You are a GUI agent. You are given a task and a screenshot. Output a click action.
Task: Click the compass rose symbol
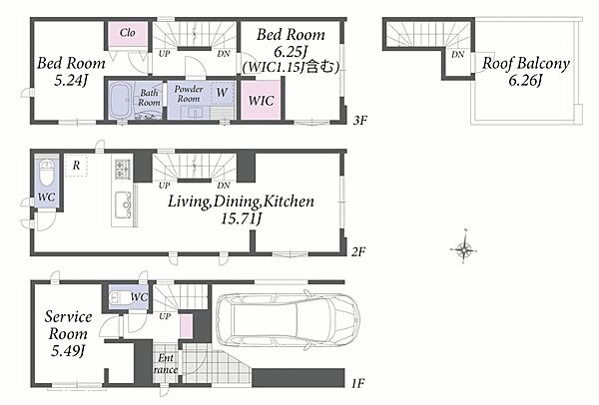[464, 249]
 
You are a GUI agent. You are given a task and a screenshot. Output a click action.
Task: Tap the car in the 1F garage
[288, 320]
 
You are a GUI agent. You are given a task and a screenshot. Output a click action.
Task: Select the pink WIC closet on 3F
[262, 100]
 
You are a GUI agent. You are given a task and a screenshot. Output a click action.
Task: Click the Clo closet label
[127, 33]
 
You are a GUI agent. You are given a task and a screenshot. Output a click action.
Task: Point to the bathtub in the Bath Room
[121, 100]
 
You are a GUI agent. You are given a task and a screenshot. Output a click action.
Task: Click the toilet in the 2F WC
[47, 173]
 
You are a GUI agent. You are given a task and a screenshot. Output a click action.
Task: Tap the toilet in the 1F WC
[119, 297]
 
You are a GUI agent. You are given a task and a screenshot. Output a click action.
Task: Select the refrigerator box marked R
[77, 166]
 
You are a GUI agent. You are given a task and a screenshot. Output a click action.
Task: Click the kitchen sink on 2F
[124, 204]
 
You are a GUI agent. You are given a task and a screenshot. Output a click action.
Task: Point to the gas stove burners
[123, 170]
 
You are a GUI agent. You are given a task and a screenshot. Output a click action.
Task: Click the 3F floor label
[359, 121]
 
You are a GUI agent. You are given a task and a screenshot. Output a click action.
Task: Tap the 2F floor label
[358, 252]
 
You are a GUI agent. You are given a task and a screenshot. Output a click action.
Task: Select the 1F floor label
[357, 383]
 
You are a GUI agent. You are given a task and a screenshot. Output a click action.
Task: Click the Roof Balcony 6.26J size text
[525, 81]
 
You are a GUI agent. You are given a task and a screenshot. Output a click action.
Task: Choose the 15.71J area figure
[242, 218]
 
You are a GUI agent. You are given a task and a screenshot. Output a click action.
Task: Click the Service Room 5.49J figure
[68, 351]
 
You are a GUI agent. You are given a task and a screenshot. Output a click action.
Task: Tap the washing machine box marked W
[222, 93]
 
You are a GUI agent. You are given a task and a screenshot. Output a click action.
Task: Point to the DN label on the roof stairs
[457, 55]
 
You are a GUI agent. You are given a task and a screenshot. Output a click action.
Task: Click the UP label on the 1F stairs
[165, 316]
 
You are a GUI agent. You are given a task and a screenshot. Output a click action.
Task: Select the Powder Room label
[189, 94]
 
